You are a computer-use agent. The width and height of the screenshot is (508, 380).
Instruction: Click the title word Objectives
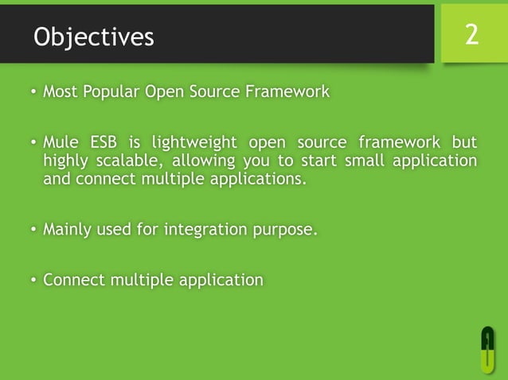click(x=94, y=37)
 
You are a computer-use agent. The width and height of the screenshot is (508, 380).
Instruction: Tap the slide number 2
click(x=472, y=34)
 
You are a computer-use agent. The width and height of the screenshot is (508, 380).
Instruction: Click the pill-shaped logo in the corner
click(x=487, y=347)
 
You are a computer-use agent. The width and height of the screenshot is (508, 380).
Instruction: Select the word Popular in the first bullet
click(x=111, y=92)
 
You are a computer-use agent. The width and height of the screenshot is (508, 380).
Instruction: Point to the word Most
click(x=60, y=92)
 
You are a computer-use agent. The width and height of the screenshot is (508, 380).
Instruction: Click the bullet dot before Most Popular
click(x=33, y=93)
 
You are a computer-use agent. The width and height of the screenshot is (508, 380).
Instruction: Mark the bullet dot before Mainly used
click(x=33, y=231)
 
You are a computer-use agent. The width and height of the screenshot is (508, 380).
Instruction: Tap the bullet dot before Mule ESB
click(x=33, y=144)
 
